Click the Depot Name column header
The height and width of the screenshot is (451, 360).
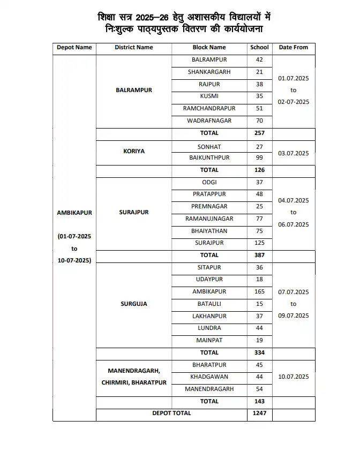74,48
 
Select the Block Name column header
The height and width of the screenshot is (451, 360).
209,48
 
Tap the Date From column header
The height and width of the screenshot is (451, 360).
293,48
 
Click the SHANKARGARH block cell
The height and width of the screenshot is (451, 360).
209,72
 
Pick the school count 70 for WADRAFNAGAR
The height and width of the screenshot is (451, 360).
259,121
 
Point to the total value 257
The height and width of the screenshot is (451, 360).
259,133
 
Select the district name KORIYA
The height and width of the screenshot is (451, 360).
134,152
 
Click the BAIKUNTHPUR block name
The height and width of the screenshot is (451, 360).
209,158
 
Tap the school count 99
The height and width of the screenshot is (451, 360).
259,158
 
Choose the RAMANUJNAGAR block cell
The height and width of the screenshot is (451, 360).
209,219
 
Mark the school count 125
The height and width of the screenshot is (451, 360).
259,243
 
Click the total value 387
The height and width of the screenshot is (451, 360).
259,255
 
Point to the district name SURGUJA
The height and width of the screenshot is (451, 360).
134,304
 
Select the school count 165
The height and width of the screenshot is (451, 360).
259,292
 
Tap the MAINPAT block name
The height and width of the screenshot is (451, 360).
209,340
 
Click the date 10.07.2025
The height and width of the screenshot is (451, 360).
293,377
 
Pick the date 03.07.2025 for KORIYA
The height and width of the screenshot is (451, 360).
293,154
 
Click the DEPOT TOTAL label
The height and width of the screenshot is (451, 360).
171,414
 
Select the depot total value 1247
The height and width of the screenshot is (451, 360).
259,414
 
